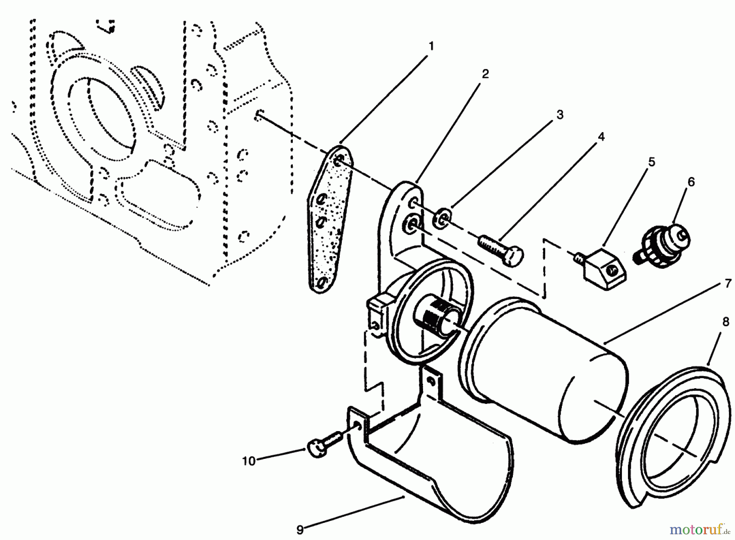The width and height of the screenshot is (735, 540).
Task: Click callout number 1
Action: click(x=431, y=46)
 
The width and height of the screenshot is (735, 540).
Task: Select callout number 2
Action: click(x=485, y=74)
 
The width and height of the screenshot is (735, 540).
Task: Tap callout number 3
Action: click(x=560, y=115)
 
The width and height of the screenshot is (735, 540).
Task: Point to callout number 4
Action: click(x=601, y=137)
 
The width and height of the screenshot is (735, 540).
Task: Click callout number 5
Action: click(x=652, y=162)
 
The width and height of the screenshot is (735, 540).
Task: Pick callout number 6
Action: click(x=691, y=182)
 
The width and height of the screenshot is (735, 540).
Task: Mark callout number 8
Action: click(x=726, y=322)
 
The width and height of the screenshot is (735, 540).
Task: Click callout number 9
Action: click(x=300, y=530)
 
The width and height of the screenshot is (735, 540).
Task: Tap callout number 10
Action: click(x=248, y=461)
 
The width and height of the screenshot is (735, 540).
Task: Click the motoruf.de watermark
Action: click(x=699, y=529)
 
